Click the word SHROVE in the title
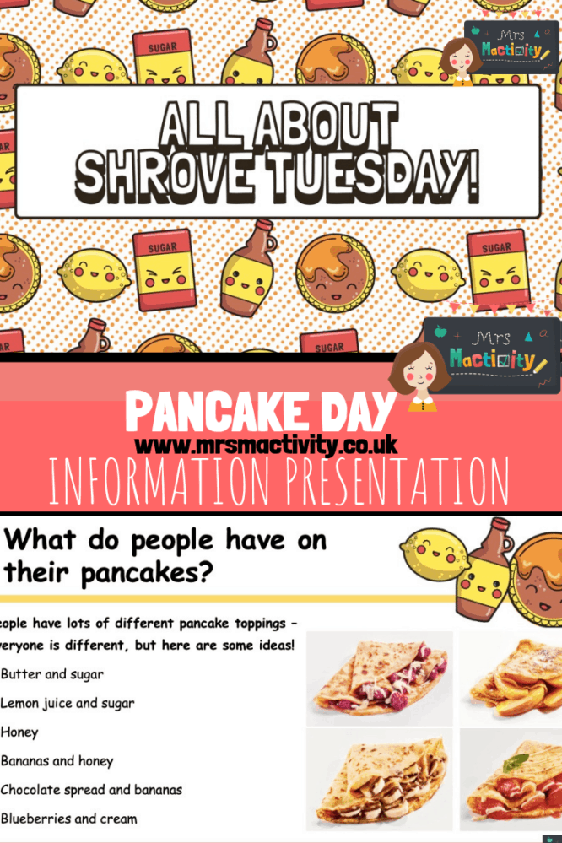pyautogui.click(x=161, y=176)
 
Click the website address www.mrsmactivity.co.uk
pyautogui.click(x=266, y=445)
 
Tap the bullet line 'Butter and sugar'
pyautogui.click(x=52, y=674)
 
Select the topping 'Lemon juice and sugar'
pyautogui.click(x=68, y=703)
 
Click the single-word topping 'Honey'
pyautogui.click(x=19, y=732)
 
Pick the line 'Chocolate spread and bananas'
pyautogui.click(x=91, y=790)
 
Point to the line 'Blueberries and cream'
pyautogui.click(x=68, y=819)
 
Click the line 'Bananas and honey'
pyautogui.click(x=57, y=761)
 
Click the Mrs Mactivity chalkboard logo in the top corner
pyautogui.click(x=511, y=46)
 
